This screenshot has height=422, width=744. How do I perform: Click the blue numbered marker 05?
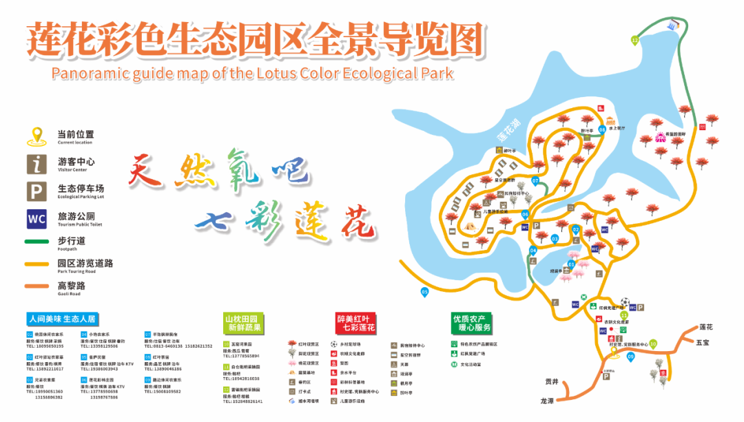[x=424, y=292]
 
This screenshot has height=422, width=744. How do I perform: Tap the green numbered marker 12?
[x=634, y=41]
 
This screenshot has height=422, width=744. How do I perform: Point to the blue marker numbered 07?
[x=535, y=181]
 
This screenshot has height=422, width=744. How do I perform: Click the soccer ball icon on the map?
[x=624, y=302]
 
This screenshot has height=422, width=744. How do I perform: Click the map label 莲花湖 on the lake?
[x=509, y=130]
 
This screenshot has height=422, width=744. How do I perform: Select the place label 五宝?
[x=702, y=342]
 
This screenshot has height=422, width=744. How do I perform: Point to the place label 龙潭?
[x=548, y=401]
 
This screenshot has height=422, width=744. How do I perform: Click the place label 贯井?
[x=551, y=381]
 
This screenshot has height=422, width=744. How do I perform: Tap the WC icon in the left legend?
[x=36, y=219]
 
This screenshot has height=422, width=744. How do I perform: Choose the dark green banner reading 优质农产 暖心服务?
[x=472, y=323]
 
